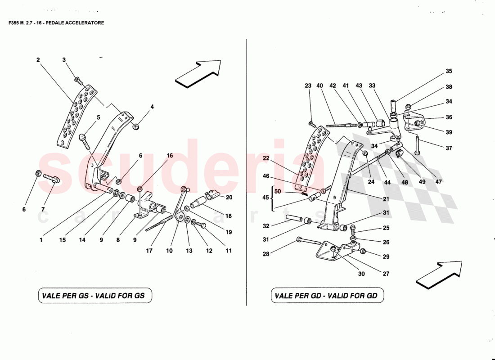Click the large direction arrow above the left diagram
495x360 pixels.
pyautogui.click(x=198, y=72)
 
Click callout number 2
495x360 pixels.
pyautogui.click(x=38, y=60)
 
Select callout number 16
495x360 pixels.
pyautogui.click(x=170, y=156)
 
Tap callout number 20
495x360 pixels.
pyautogui.click(x=229, y=197)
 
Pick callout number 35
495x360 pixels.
pyautogui.click(x=449, y=71)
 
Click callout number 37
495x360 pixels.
pyautogui.click(x=449, y=148)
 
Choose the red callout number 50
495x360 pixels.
pyautogui.click(x=278, y=192)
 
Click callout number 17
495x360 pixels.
pyautogui.click(x=149, y=251)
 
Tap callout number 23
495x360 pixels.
pyautogui.click(x=308, y=85)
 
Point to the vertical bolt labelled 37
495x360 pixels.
pyautogui.click(x=418, y=145)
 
